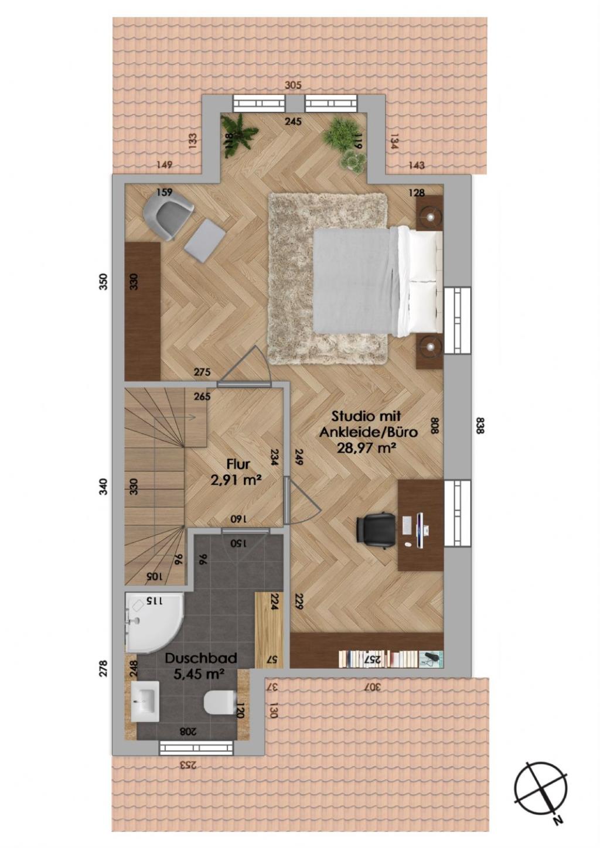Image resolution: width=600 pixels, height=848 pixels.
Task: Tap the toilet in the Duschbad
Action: (x=220, y=700)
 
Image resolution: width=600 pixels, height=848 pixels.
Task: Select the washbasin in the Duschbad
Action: (x=144, y=701)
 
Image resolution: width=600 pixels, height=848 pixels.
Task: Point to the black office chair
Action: (x=374, y=529)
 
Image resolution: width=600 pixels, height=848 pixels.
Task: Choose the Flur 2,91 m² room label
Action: (x=236, y=471)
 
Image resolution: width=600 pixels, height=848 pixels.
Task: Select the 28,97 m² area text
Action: (x=366, y=448)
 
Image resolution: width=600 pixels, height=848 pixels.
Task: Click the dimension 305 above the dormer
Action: (x=293, y=86)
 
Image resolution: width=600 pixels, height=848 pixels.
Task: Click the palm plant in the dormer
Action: (x=239, y=135)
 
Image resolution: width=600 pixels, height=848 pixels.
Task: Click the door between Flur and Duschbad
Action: (x=245, y=532)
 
